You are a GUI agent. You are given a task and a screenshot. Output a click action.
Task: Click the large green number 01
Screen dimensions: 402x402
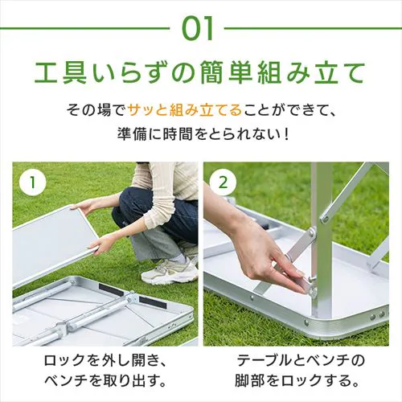(197, 28)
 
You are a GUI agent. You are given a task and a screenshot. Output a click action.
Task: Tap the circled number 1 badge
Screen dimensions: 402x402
(33, 183)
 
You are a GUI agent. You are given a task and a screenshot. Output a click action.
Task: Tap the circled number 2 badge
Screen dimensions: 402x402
(223, 183)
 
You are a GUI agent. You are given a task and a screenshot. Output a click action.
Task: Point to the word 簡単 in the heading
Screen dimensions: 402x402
(224, 72)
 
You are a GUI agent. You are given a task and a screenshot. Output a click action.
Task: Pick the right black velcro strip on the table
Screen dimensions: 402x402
(153, 302)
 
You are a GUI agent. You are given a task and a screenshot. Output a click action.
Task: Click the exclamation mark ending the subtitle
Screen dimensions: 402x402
(286, 133)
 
